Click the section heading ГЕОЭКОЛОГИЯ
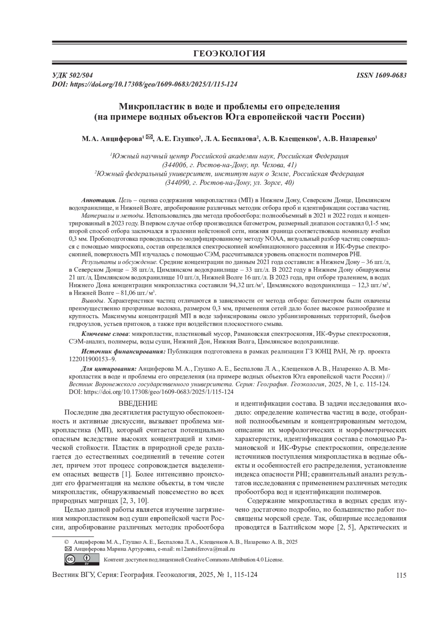point(229,54)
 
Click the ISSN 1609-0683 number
point(381,76)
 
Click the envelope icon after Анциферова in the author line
point(149,138)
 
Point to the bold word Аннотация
point(99,200)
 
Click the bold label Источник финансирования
point(123,352)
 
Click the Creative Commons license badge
point(82,559)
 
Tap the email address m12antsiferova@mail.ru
point(205,549)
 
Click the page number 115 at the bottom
point(401,576)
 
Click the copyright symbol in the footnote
point(66,542)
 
